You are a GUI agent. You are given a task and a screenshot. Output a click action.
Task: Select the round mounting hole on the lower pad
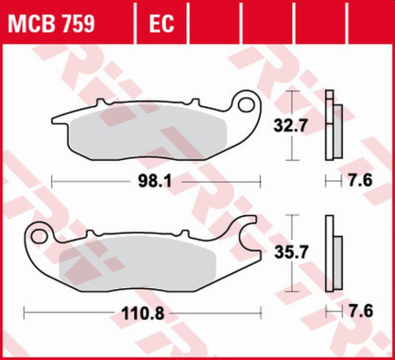pyautogui.click(x=39, y=235)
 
